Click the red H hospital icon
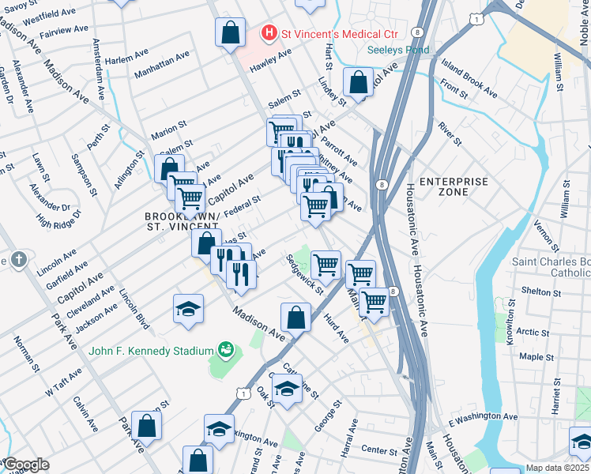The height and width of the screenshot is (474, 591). [x=270, y=34]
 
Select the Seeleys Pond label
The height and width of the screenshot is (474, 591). [x=398, y=51]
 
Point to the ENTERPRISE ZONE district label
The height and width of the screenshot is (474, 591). [x=454, y=187]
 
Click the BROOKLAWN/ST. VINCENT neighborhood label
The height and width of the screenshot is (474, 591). [x=181, y=221]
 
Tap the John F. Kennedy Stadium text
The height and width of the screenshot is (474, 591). [x=151, y=351]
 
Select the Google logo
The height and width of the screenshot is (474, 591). [x=26, y=465]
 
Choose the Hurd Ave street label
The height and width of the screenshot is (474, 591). [x=335, y=328]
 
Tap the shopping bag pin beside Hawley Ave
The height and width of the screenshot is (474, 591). [x=229, y=33]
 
